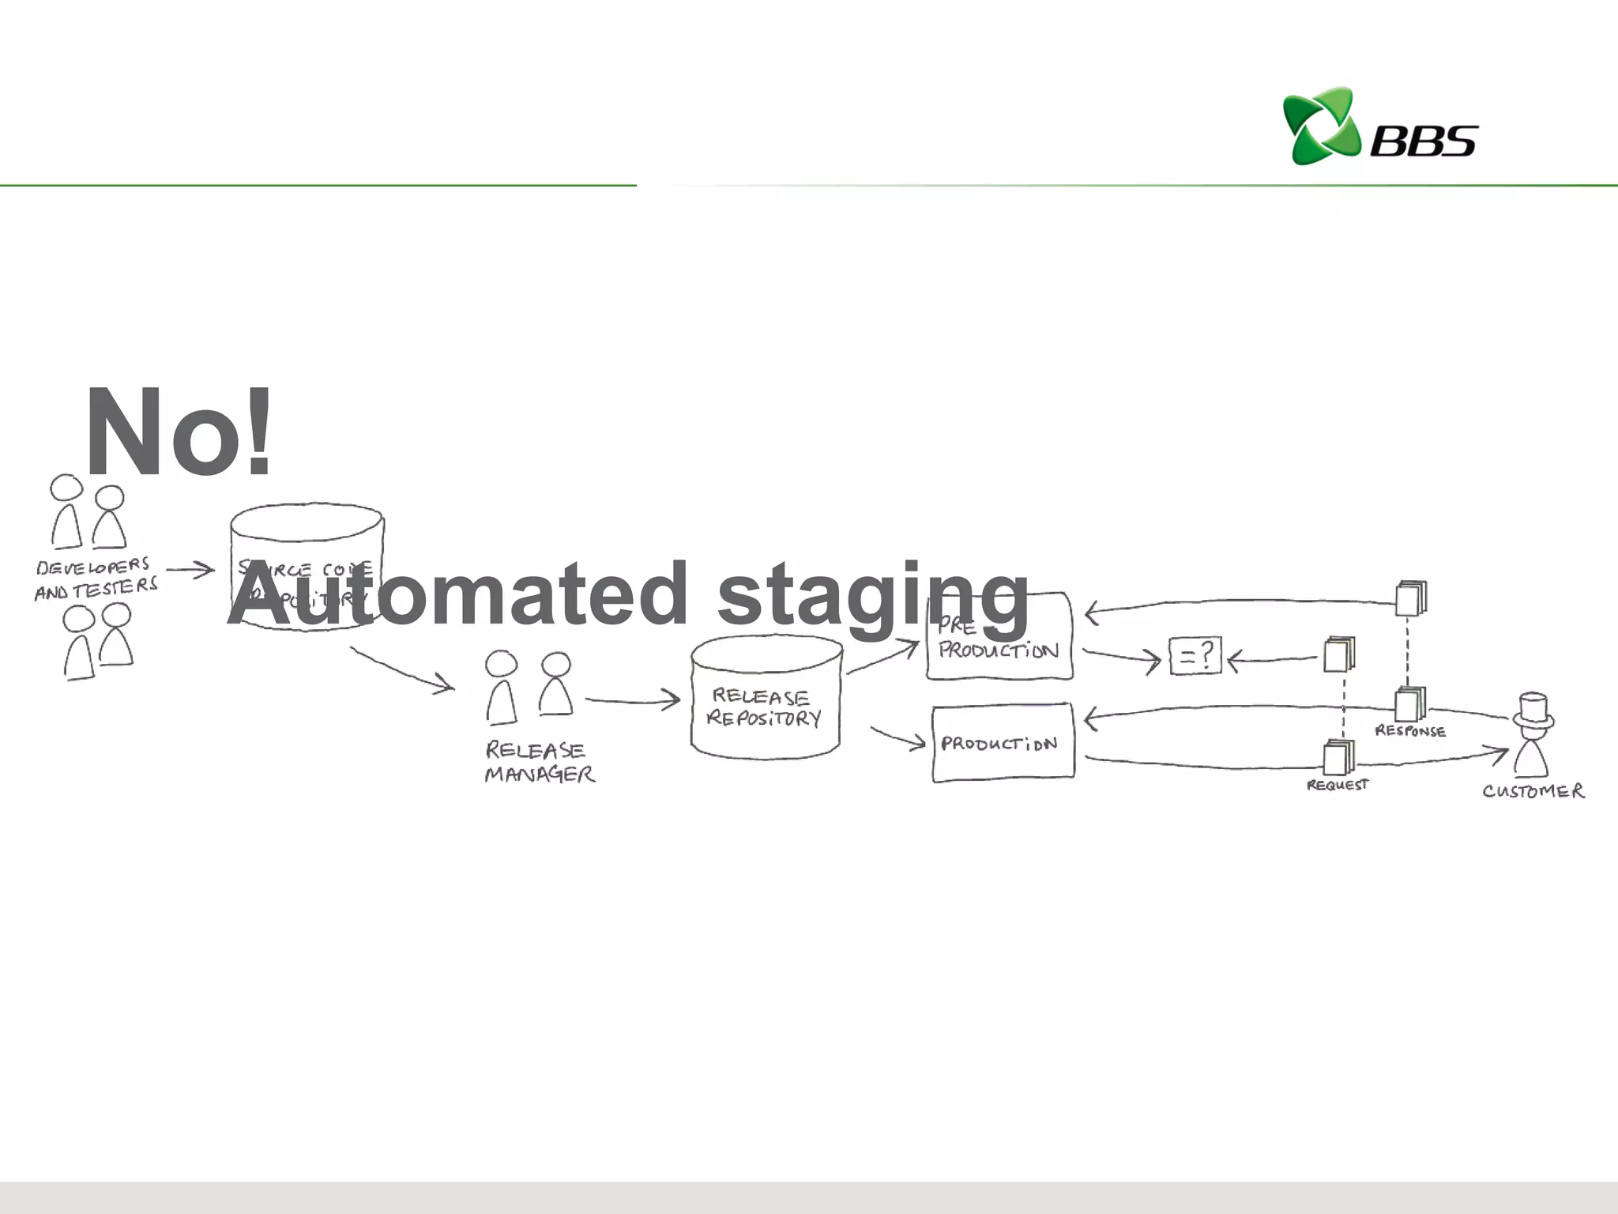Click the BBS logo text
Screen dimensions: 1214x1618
[x=1423, y=141]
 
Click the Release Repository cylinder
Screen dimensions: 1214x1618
[x=765, y=697]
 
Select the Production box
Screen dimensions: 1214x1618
[x=1003, y=743]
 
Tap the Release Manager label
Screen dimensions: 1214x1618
[x=540, y=761]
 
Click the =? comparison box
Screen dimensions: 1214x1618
[x=1195, y=656]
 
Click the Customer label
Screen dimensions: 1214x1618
[x=1533, y=791]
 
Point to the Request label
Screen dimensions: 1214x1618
[x=1337, y=785]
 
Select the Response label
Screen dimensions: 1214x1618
[x=1410, y=731]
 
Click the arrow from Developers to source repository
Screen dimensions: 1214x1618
[x=190, y=569]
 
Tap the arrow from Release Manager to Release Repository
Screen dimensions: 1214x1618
[x=632, y=700]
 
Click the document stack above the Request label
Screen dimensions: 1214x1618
[x=1338, y=757]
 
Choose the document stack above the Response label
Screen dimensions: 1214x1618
[x=1410, y=703]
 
